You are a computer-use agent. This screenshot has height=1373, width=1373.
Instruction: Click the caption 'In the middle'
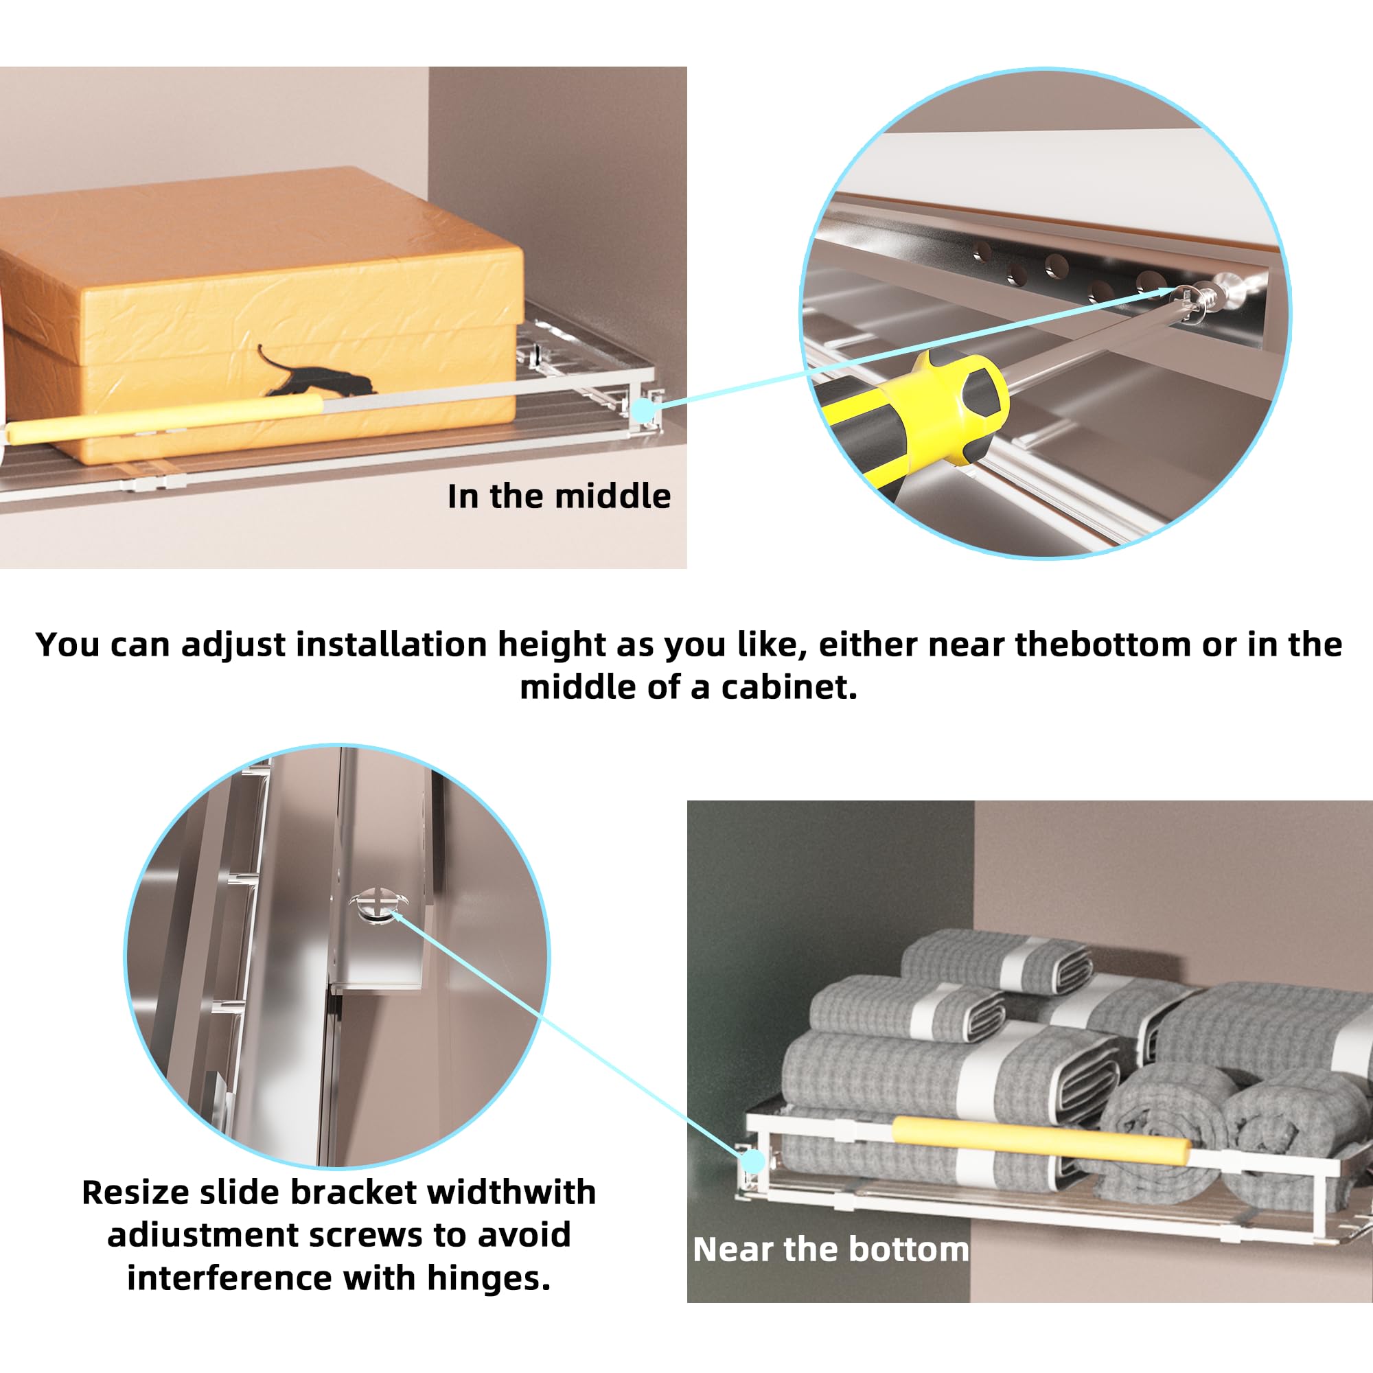(x=559, y=496)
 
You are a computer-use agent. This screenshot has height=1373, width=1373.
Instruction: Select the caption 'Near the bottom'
(x=831, y=1249)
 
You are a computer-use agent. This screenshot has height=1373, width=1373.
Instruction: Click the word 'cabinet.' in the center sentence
(x=789, y=687)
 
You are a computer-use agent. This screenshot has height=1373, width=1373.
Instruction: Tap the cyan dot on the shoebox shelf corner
(x=643, y=411)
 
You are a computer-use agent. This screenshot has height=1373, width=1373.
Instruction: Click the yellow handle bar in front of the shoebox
(x=163, y=421)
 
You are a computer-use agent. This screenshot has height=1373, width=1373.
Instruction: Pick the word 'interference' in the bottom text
(x=229, y=1277)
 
